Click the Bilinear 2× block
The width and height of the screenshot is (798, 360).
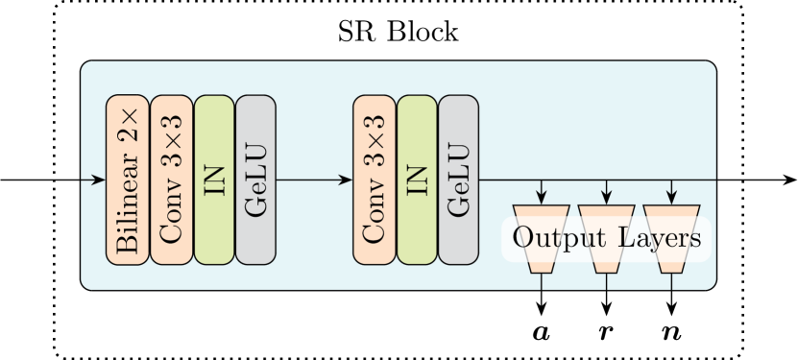128,180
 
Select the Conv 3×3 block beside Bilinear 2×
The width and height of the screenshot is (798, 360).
172,180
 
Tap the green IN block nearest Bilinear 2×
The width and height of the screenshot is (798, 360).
214,180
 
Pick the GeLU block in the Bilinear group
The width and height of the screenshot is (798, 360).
255,180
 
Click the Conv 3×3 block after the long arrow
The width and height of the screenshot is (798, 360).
375,180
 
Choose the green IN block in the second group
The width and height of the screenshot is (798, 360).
418,180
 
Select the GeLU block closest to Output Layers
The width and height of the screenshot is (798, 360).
458,180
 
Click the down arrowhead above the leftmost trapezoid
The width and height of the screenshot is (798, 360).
542,198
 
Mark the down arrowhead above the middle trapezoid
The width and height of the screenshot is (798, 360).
607,198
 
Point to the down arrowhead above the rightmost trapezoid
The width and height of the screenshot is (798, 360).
672,198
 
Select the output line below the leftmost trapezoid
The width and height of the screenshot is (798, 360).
542,280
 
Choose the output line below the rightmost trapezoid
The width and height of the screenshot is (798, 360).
672,280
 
